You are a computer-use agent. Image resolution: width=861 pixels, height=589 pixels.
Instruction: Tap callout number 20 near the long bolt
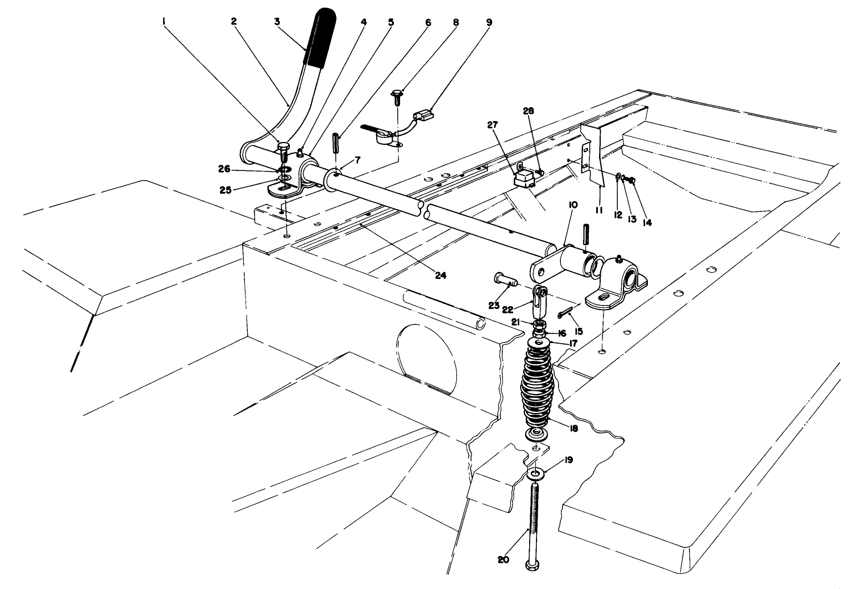click(x=503, y=559)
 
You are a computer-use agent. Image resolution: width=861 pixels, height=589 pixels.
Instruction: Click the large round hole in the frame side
click(x=426, y=356)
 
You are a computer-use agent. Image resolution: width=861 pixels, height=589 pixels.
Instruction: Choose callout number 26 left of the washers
click(x=224, y=168)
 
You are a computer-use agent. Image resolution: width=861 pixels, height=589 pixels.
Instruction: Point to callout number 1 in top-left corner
click(x=164, y=21)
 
